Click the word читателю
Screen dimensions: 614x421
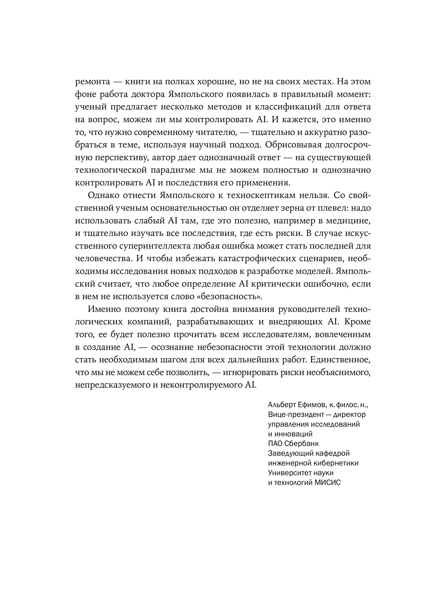216,132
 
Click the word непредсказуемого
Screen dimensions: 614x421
112,386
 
